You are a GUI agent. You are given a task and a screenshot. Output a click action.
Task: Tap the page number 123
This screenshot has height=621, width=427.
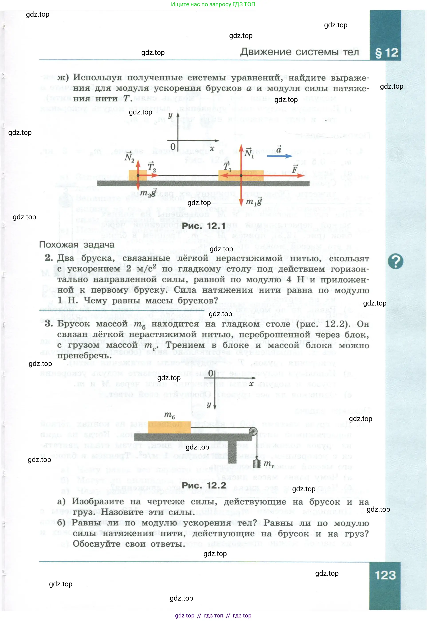385,575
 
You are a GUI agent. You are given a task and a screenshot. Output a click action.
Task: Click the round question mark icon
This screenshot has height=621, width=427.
396,261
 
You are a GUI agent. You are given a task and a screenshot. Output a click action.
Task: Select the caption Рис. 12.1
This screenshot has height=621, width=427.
204,226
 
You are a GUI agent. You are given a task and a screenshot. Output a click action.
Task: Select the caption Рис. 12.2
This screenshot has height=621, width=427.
204,485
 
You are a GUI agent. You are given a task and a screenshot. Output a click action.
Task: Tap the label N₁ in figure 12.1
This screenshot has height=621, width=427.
249,153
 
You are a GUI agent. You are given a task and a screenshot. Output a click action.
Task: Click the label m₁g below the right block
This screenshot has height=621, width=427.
254,202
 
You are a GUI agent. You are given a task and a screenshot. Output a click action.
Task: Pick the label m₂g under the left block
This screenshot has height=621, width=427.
148,193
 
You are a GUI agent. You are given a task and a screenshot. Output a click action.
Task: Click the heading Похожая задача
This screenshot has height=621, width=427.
77,244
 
